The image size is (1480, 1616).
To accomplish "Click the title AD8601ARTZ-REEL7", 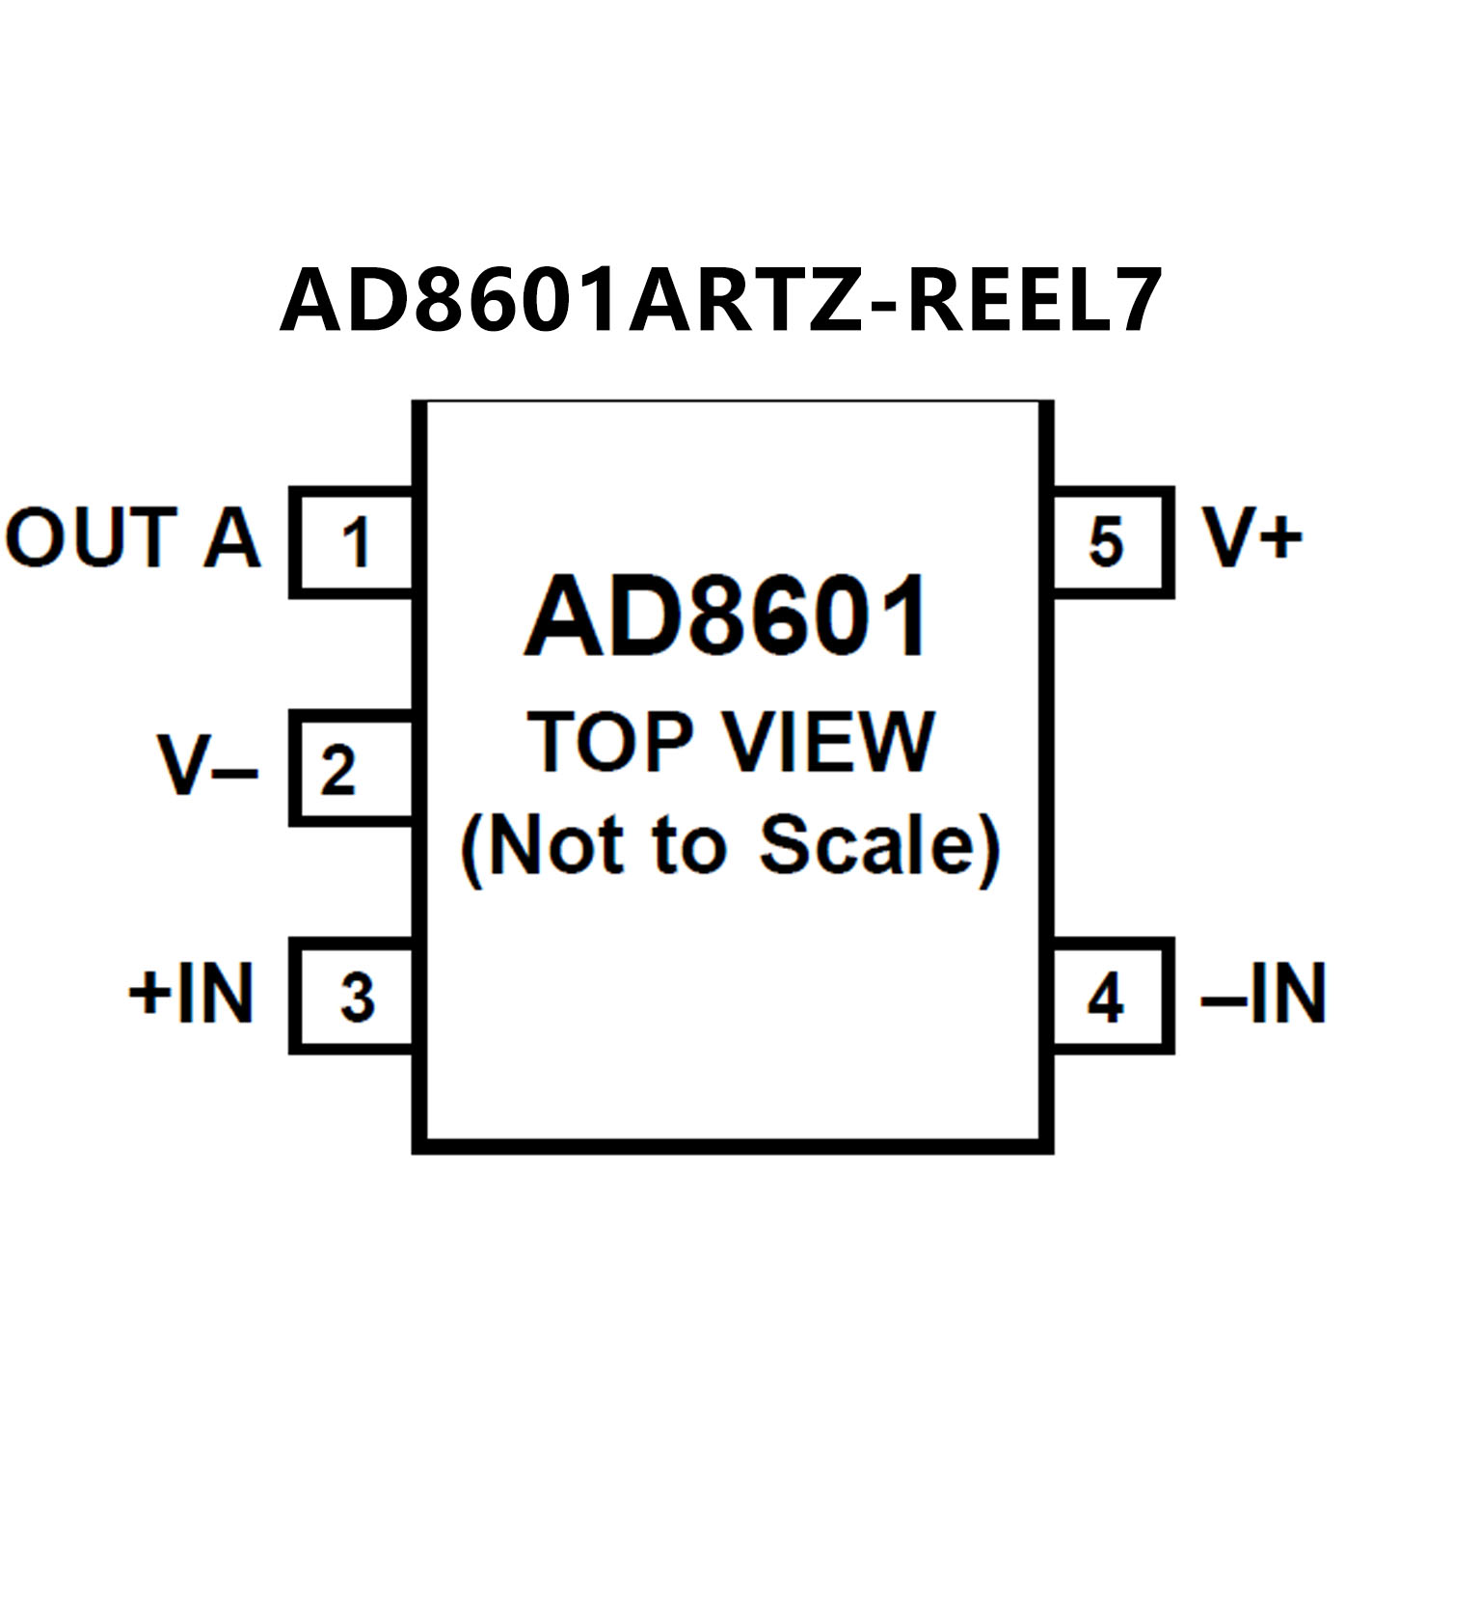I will (x=720, y=300).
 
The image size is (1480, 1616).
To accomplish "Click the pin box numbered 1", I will (x=354, y=542).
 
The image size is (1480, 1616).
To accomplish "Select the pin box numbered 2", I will (x=354, y=769).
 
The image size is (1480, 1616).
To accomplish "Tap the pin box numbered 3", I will (x=354, y=997).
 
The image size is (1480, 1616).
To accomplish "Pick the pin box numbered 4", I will (x=1111, y=997).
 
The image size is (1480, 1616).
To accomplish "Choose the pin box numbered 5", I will (x=1111, y=542).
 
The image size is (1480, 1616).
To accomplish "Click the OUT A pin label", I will (x=133, y=538).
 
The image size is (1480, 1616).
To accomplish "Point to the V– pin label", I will (x=207, y=767).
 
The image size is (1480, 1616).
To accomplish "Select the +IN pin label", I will (x=192, y=993).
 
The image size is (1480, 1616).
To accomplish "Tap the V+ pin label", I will (x=1251, y=537).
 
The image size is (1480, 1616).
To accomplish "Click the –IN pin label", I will (x=1263, y=993).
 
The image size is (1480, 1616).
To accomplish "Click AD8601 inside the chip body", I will (x=727, y=617).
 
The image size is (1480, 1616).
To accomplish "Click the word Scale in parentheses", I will (x=867, y=845).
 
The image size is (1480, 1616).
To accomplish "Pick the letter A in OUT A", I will (x=231, y=538).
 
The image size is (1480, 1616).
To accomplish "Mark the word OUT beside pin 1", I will (x=93, y=538).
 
